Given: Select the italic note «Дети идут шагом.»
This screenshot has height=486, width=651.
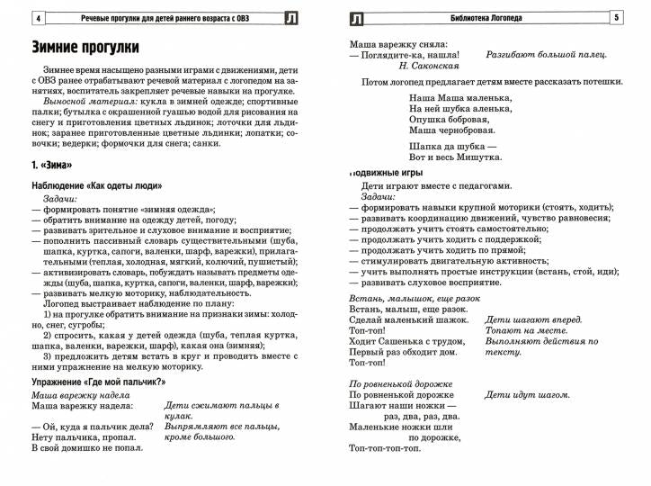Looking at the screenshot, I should (x=527, y=395).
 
